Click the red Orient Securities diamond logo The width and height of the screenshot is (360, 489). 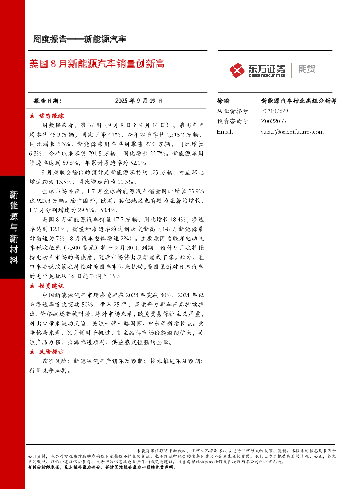(237, 70)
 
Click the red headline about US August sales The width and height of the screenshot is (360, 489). (97, 64)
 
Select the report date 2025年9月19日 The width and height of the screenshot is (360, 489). (139, 101)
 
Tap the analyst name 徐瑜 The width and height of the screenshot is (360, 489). (223, 101)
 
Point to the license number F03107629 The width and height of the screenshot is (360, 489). (274, 111)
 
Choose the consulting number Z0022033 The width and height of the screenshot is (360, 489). (273, 121)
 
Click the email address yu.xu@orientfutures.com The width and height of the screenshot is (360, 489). (292, 132)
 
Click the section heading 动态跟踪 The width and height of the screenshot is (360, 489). (51, 116)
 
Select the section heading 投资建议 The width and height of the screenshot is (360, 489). (51, 286)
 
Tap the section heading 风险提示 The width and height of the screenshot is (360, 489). (51, 352)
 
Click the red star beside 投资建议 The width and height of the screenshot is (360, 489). (32, 286)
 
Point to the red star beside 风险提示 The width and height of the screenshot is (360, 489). (32, 352)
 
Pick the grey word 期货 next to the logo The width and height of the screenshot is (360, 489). (307, 69)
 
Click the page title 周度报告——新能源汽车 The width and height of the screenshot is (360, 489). (79, 39)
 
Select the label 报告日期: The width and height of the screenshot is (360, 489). (48, 101)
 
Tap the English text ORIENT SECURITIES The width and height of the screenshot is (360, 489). (267, 76)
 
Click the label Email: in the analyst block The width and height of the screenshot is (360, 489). (225, 132)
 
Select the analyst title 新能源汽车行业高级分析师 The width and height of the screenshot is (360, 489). (299, 101)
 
